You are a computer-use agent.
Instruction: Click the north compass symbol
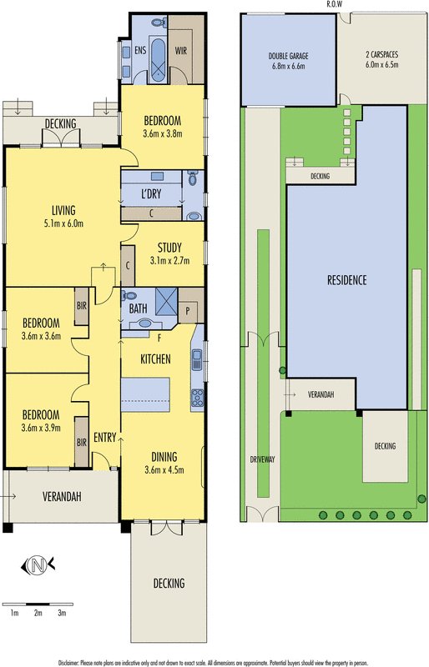tap(38, 565)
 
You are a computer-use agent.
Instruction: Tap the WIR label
tap(180, 51)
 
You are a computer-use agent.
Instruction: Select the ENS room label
tap(140, 50)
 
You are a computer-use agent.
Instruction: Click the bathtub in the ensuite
tap(158, 60)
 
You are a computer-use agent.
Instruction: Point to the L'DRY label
tap(151, 194)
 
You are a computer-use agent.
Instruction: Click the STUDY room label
tap(169, 248)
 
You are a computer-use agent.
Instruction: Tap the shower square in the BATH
tap(166, 301)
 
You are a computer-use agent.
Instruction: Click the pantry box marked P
tap(188, 311)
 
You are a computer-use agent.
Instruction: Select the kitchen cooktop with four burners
tap(197, 398)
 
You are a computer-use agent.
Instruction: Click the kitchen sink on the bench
tap(197, 359)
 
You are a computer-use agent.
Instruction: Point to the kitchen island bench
tap(145, 394)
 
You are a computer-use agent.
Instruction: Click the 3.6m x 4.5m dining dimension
tap(164, 470)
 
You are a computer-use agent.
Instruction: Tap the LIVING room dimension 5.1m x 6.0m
tap(63, 223)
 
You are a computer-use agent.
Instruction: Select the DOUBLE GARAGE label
tap(289, 56)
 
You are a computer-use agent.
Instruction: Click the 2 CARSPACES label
tap(381, 54)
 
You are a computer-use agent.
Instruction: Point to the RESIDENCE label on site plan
tap(346, 280)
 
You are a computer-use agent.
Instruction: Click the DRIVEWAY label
tap(262, 459)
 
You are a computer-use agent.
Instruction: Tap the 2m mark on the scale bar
tap(38, 613)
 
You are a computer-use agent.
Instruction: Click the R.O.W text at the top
tap(334, 4)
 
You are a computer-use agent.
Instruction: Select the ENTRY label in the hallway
tap(105, 437)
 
